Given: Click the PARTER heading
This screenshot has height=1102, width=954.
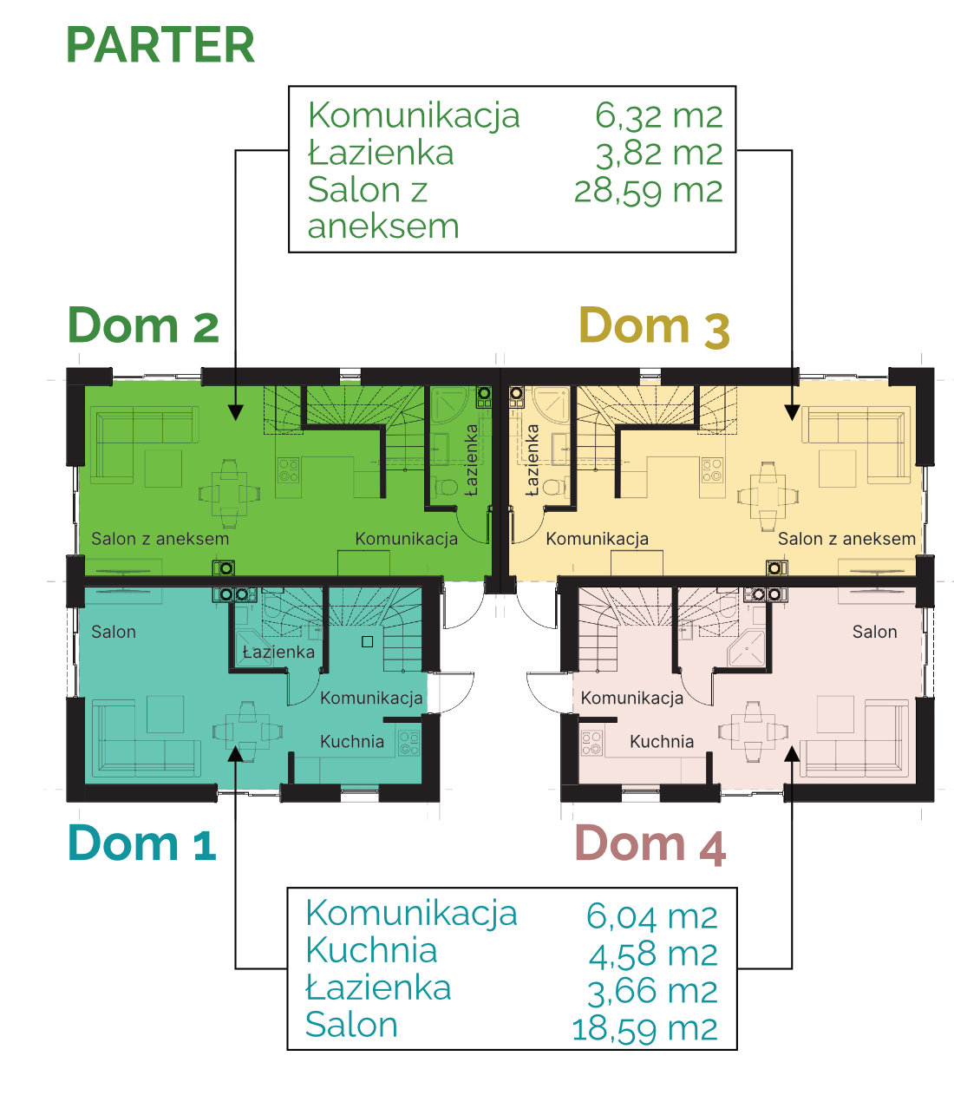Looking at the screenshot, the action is tap(160, 45).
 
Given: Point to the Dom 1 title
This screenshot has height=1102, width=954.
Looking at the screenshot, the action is tap(141, 843).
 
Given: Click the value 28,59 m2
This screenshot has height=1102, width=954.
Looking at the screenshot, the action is tap(648, 190).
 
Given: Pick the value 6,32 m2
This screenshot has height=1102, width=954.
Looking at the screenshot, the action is tap(659, 115).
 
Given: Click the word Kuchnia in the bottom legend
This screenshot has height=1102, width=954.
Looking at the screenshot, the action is tap(371, 950).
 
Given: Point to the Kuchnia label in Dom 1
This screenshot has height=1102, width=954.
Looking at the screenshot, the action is tap(352, 741).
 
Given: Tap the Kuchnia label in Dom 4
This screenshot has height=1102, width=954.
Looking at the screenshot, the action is tap(662, 741).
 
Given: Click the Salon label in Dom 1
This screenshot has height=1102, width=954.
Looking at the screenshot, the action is tap(114, 632).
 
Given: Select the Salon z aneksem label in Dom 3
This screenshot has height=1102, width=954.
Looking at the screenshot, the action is tap(846, 539).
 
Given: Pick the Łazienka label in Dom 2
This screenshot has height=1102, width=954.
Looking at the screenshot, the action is tap(471, 460).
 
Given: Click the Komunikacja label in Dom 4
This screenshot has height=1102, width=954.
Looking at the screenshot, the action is tap(631, 698).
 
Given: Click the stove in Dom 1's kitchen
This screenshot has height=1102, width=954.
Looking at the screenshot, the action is tap(408, 743).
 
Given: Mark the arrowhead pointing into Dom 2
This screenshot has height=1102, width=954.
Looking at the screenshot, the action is tap(236, 413).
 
